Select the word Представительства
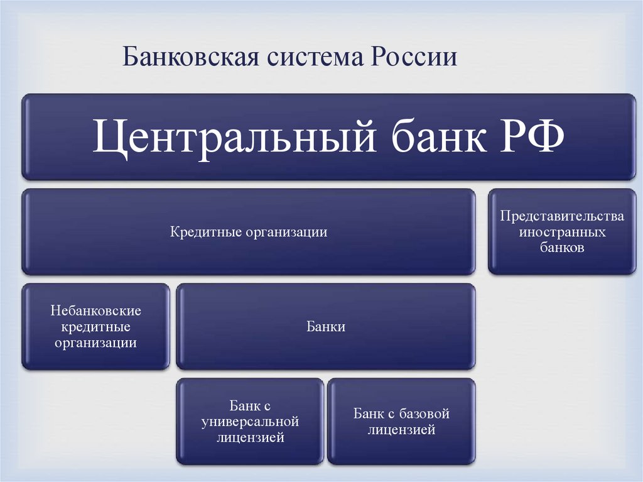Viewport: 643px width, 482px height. (562, 216)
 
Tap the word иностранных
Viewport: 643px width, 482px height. (562, 232)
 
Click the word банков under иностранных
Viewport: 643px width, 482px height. (562, 248)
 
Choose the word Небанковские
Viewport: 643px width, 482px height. (96, 311)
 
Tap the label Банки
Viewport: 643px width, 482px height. (326, 327)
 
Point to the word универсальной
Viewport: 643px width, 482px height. (249, 422)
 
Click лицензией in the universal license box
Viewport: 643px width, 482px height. (249, 437)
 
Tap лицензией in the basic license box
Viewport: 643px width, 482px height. (401, 430)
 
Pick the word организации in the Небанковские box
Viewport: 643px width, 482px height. (96, 343)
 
